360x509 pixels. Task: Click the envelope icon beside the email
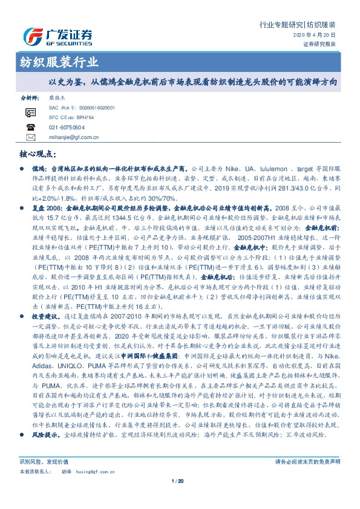coord(30,138)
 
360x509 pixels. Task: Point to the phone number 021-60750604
coord(67,128)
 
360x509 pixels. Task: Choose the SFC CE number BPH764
coord(83,117)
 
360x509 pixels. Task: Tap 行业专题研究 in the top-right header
coord(281,25)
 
